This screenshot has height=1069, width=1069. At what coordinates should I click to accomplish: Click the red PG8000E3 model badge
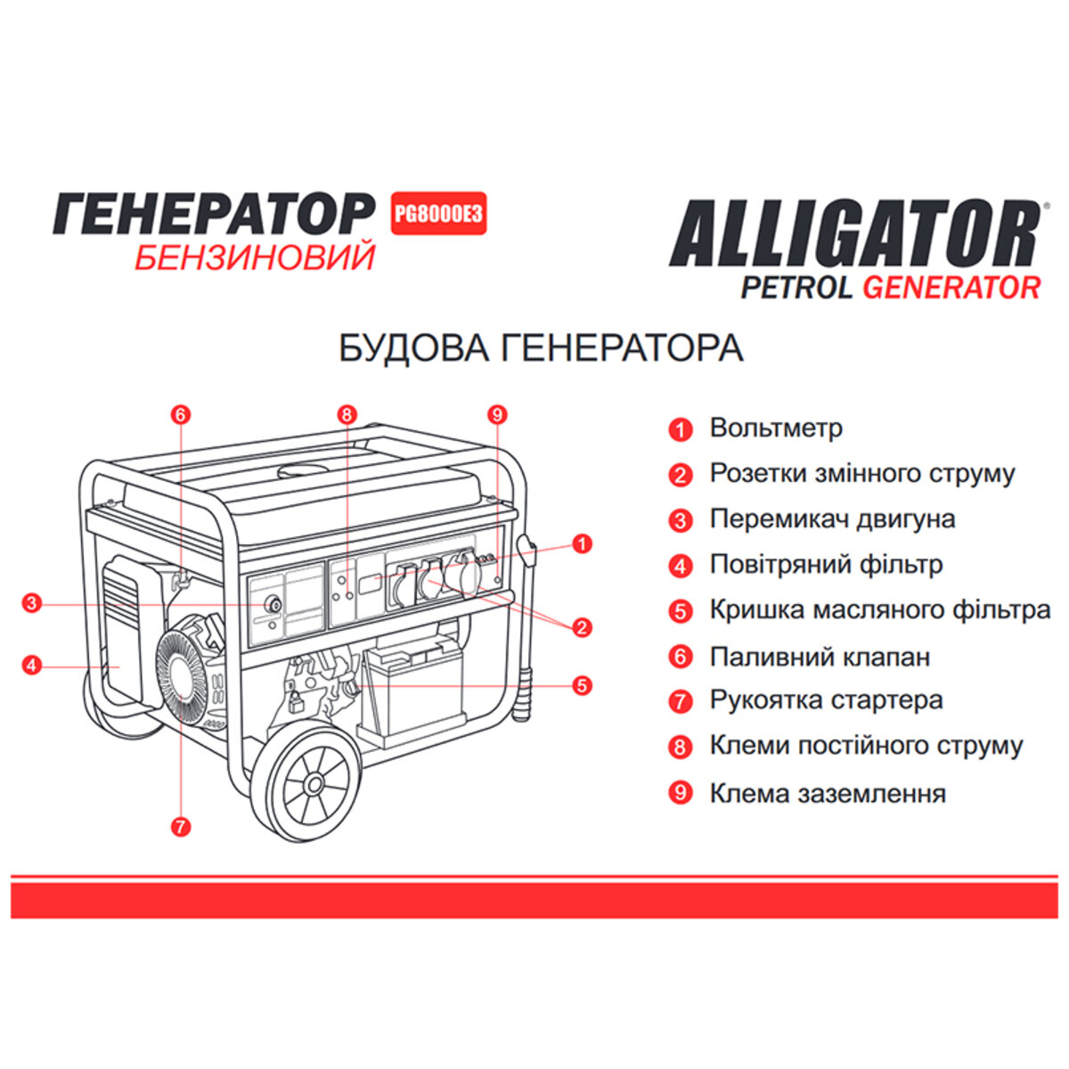439,214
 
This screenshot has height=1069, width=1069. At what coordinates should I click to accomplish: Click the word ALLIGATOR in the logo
853,233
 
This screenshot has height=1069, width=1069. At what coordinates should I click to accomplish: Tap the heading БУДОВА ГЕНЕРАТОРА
541,347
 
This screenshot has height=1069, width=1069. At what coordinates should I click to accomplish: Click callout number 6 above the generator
181,414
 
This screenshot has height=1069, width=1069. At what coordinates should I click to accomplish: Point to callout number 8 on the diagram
347,414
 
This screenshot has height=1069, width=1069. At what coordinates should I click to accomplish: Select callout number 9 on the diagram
498,414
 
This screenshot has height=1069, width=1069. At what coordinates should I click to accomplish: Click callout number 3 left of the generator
32,604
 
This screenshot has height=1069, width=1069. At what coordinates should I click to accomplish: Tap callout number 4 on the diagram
32,665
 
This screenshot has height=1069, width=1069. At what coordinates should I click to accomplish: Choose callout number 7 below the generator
181,827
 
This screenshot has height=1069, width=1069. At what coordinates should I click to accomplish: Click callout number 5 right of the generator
582,685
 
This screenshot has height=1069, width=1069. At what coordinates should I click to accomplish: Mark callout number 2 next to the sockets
582,627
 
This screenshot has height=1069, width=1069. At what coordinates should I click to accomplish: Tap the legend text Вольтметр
775,428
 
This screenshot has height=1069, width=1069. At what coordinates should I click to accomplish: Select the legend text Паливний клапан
820,657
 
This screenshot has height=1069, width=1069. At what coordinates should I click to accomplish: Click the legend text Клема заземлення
827,793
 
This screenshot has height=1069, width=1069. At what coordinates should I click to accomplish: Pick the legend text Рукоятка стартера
826,700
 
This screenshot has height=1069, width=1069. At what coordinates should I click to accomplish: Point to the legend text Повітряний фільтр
826,565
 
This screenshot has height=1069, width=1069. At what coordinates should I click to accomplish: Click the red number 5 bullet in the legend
681,611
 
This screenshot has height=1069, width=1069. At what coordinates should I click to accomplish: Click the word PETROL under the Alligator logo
796,288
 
